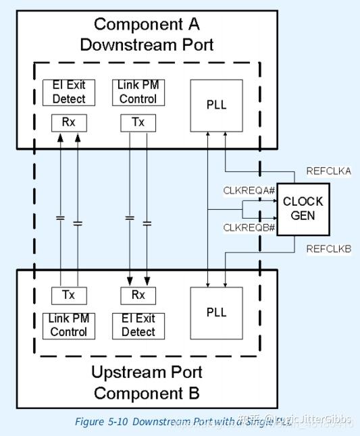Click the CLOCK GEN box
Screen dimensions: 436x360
(x=303, y=209)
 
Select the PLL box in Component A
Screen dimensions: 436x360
(x=215, y=105)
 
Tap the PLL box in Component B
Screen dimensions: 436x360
(x=215, y=312)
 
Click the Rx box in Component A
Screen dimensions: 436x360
(x=69, y=123)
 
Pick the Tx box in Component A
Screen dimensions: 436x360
(x=137, y=123)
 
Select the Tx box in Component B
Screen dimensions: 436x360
(x=69, y=296)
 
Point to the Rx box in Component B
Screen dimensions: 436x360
(x=137, y=296)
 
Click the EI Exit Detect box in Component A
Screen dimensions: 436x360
(x=69, y=92)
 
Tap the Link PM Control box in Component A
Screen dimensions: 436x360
(x=137, y=92)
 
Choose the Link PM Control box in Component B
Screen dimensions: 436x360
(x=69, y=325)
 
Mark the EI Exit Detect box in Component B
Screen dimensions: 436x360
(x=137, y=325)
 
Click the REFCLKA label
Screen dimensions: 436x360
(x=329, y=171)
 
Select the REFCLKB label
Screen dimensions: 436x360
(x=329, y=249)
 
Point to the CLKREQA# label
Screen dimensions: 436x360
(x=250, y=191)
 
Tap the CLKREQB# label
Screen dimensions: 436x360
(x=250, y=228)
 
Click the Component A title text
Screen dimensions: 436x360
(x=147, y=25)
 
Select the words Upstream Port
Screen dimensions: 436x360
(x=147, y=373)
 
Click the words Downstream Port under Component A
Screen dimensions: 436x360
(x=147, y=45)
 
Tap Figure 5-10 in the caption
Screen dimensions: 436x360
(x=101, y=422)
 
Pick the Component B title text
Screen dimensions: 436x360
(x=147, y=393)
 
